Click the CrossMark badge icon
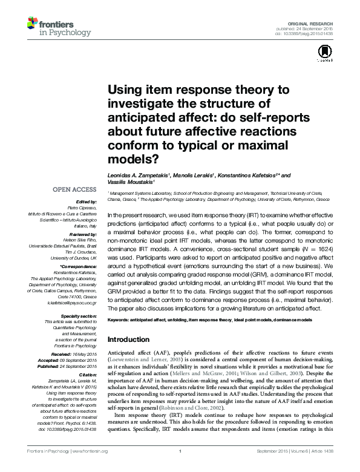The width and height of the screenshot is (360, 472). (x=324, y=55)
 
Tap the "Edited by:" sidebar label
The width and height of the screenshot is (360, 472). (x=87, y=202)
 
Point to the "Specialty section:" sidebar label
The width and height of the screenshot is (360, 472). (x=77, y=316)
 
